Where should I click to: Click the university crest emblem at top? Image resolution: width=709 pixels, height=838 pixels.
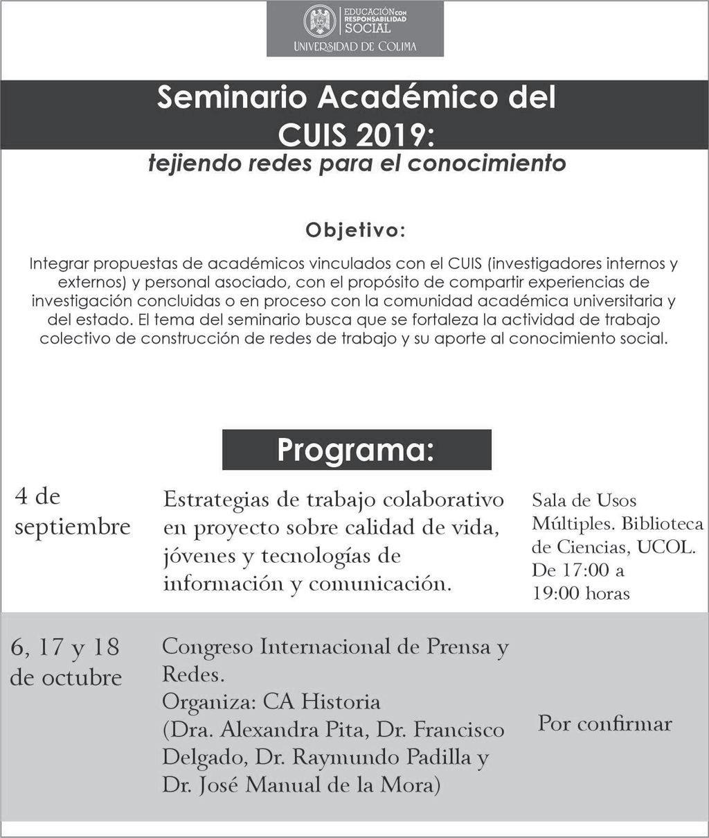(x=320, y=21)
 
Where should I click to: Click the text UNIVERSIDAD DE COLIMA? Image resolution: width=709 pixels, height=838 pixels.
(x=355, y=46)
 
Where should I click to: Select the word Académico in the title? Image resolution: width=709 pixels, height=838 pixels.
(x=407, y=98)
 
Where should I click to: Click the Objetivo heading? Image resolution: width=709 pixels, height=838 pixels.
(x=355, y=230)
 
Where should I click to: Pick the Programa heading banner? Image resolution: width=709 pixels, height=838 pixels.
(x=356, y=449)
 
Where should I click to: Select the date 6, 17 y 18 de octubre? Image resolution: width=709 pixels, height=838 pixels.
(x=66, y=661)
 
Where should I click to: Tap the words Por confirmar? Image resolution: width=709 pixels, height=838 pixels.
(x=604, y=724)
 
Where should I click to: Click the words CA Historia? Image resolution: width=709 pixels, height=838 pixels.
(x=321, y=701)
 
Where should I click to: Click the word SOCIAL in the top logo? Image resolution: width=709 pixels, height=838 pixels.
(x=368, y=28)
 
